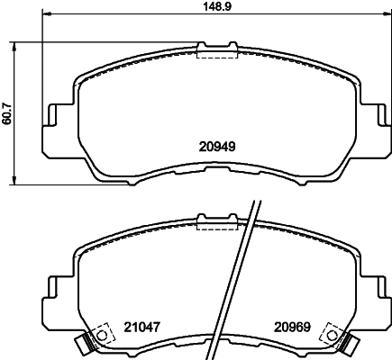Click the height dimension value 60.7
7,112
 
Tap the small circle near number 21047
102,336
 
